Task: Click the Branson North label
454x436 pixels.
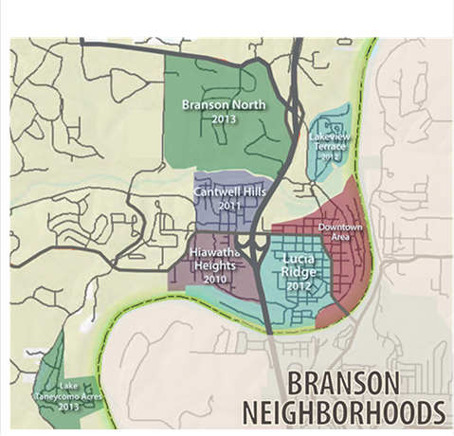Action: (222, 104)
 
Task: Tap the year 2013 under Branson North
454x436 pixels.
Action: (223, 119)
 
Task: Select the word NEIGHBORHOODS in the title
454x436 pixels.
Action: (342, 413)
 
